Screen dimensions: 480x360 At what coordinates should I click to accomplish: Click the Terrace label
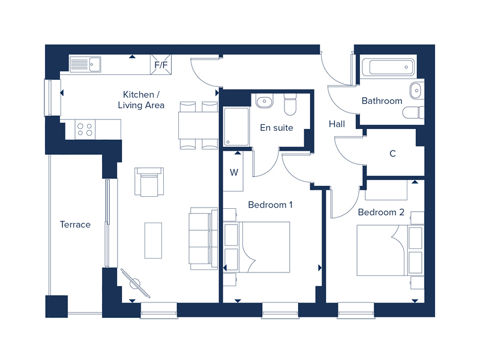point(76,224)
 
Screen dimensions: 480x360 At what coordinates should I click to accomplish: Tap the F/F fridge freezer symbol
point(161,65)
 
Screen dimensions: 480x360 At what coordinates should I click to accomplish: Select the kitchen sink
point(85,64)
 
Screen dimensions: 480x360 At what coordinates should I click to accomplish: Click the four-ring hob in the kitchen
point(85,130)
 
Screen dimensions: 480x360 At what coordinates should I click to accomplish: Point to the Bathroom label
point(382,101)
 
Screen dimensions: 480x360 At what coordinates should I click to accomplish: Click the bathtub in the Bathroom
point(388,67)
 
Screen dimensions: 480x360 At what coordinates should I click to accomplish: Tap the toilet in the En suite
point(290,104)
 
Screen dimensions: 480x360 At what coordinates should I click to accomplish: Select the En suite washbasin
point(265,101)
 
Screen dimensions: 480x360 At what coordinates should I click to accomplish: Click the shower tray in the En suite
point(236,127)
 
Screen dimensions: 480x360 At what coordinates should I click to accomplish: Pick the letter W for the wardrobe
point(234,172)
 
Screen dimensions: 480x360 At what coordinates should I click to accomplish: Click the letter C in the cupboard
point(392,154)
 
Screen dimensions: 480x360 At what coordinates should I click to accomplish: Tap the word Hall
point(337,124)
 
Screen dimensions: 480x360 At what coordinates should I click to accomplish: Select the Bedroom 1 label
point(270,205)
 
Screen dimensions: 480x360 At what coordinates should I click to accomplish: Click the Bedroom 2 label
point(381,212)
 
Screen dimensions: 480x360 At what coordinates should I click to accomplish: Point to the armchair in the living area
point(149,182)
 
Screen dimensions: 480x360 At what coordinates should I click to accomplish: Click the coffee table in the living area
point(153,241)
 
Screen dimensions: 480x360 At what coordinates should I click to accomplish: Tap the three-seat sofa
point(203,238)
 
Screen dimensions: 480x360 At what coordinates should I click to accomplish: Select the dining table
point(198,125)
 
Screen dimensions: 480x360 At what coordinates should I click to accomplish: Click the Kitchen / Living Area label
point(141,100)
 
